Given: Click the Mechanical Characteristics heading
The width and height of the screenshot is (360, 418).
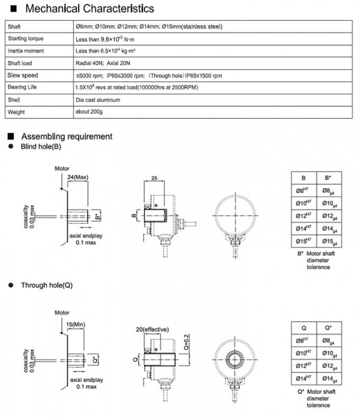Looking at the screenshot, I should [89, 8].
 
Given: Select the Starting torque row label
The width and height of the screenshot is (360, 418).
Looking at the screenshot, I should [25, 39].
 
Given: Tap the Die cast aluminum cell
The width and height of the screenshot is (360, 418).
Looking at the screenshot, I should [98, 99].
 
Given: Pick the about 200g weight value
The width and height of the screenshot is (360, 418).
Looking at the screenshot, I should [89, 112].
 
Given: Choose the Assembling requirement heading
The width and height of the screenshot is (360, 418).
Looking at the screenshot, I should [67, 137].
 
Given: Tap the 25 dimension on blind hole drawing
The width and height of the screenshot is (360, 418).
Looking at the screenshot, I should [154, 178].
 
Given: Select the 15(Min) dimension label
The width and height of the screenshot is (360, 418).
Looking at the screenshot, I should [77, 324].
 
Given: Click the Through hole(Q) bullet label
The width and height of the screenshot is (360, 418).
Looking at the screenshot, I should [47, 285].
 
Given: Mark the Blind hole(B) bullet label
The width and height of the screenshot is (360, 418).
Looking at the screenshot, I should [41, 146].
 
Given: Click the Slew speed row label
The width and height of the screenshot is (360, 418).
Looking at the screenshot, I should [23, 75].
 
